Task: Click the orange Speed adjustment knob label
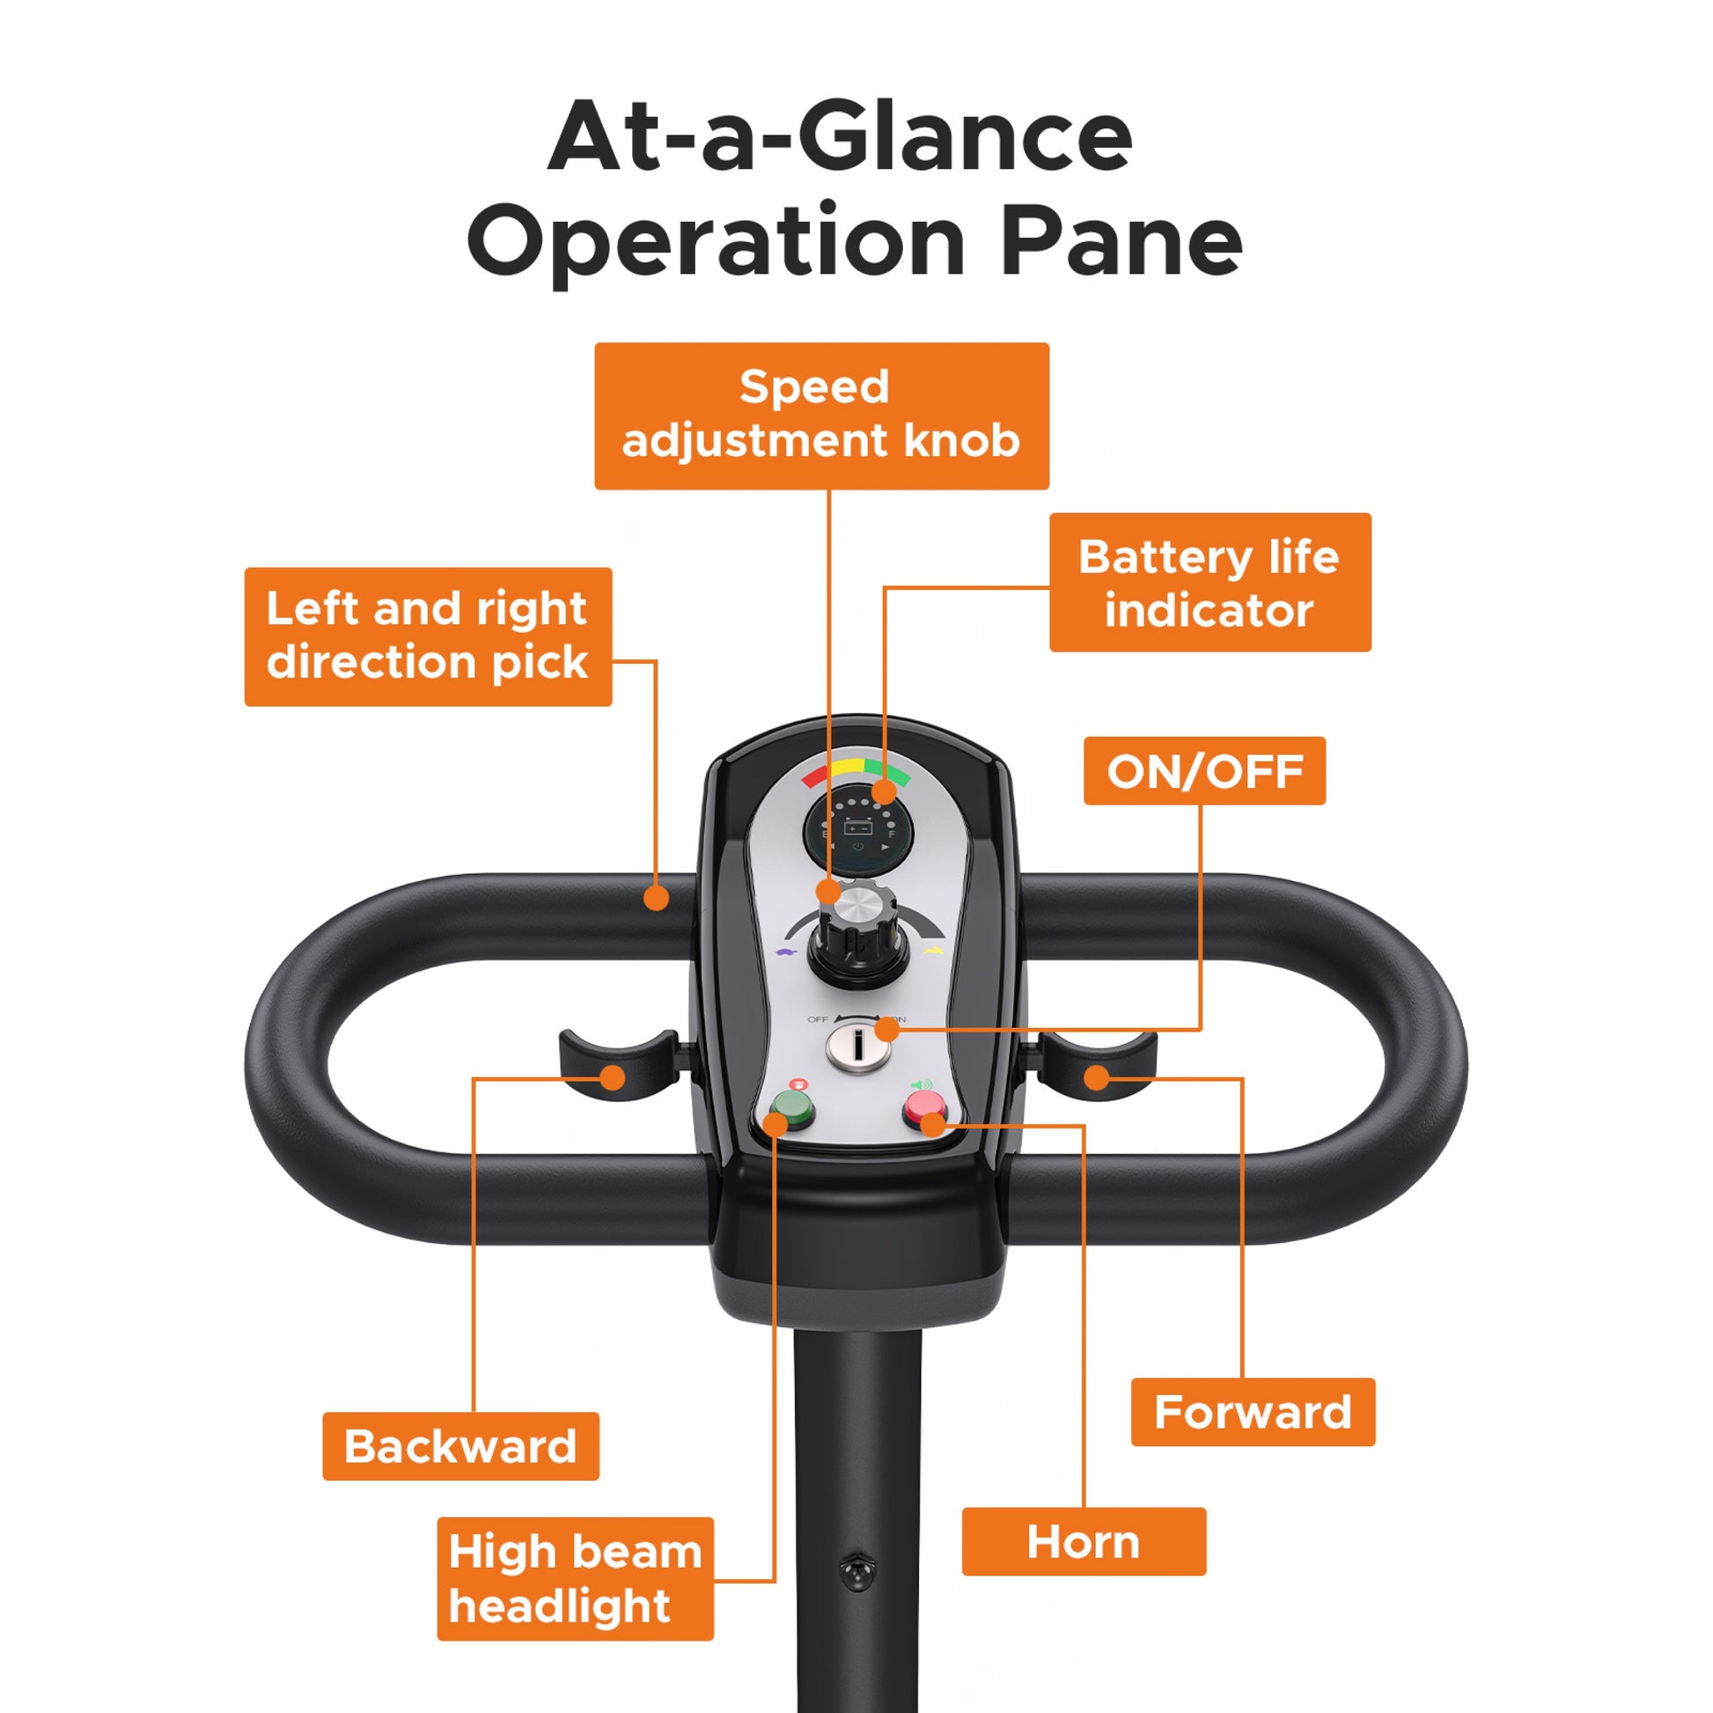coord(821,415)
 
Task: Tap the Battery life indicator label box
coord(1210,583)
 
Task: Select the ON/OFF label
coord(1204,770)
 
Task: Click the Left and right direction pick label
coord(428,636)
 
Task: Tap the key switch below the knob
coord(857,1047)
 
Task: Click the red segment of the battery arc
coord(815,776)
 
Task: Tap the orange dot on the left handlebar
coord(656,898)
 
